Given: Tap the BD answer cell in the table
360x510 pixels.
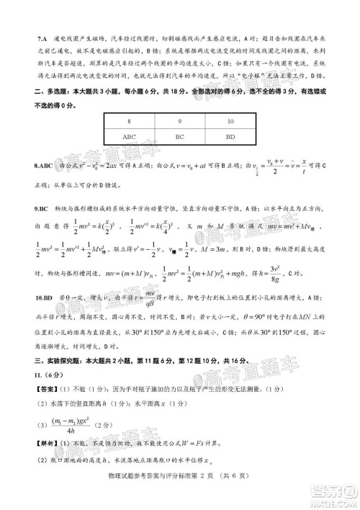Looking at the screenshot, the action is pos(230,135).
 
